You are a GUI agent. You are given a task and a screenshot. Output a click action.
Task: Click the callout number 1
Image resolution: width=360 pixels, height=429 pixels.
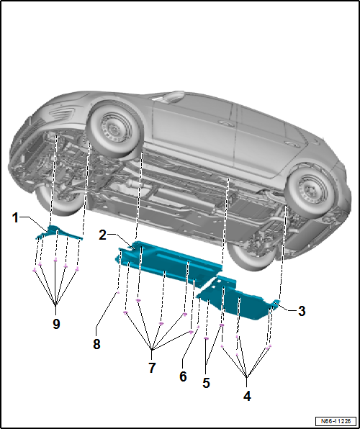[x=16, y=218]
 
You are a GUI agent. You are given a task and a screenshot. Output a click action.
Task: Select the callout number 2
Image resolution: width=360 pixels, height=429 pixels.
[x=102, y=235]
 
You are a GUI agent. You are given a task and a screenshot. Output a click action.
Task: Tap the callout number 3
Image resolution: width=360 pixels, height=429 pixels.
[x=302, y=311]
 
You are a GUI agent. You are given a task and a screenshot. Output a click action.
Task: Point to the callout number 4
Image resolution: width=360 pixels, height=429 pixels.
[x=247, y=396]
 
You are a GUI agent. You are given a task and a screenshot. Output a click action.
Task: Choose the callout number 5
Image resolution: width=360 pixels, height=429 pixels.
[x=206, y=383]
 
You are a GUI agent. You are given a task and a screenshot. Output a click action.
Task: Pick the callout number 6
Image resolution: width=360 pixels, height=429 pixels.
[x=183, y=376]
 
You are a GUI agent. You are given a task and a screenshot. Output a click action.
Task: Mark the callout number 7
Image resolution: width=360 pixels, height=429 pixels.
[x=152, y=368]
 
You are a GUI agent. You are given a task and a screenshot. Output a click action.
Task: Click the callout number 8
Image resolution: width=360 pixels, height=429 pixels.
[x=96, y=344]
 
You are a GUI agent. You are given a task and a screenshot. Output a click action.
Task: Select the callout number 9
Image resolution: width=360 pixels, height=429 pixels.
[x=56, y=324]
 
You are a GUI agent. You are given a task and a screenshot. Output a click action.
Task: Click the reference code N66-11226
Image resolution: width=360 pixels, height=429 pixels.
[x=336, y=421]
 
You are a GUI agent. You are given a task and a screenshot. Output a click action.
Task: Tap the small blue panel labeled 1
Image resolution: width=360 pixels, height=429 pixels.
[x=58, y=233]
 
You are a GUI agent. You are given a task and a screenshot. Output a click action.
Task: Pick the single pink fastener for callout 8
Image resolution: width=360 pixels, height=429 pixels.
[x=118, y=292]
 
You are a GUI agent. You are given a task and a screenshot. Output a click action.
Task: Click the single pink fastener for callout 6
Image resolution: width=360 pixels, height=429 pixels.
[x=198, y=327]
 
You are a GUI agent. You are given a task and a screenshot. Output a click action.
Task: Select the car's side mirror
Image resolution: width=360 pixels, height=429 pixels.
[x=173, y=96]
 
